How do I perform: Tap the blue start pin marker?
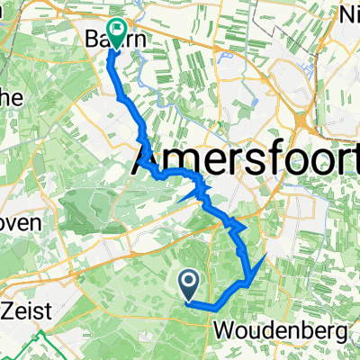click(x=190, y=284)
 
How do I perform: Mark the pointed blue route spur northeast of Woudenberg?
click(x=263, y=258)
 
